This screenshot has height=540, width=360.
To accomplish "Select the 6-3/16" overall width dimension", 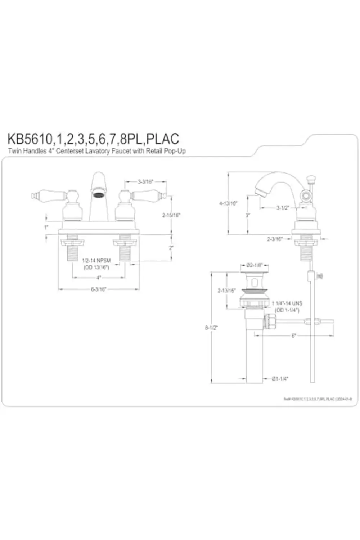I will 98,289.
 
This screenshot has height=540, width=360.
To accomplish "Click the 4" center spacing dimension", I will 98,278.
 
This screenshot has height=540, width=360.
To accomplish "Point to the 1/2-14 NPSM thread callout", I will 96,260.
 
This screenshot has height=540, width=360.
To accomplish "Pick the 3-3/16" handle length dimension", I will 145,182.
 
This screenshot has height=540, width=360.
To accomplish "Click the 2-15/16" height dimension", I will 171,215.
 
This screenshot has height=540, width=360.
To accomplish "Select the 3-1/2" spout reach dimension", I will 283,208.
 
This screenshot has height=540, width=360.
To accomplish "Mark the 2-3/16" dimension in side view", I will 275,239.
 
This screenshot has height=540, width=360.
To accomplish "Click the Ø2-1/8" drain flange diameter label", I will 255,266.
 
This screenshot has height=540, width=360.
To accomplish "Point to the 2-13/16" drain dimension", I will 226,291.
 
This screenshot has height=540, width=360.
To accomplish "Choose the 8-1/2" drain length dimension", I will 212,328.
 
